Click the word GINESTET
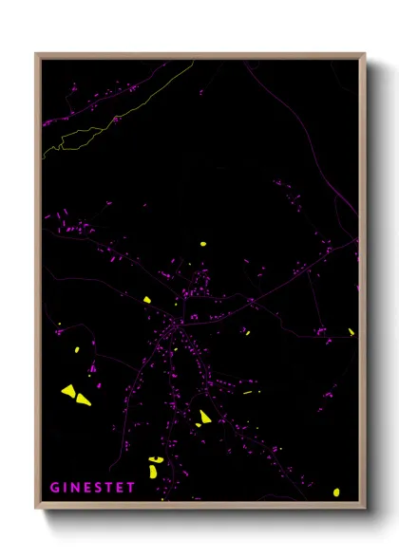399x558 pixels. pos(92,488)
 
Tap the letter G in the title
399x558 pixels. pos(53,488)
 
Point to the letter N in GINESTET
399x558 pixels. pos(78,488)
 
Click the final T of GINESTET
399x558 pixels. pos(131,488)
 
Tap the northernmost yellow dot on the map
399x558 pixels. pos(203,244)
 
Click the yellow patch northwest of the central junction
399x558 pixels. pos(147,300)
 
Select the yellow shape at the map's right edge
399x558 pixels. pos(351,332)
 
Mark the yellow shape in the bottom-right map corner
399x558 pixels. pos(336,492)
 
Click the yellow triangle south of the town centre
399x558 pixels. pos(204,416)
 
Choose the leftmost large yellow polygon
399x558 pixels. pos(68,389)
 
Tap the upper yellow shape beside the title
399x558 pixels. pos(155,460)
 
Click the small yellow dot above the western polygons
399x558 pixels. pos(76,350)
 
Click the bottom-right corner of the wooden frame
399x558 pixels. pos(364,508)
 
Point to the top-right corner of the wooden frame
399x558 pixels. pos(364,55)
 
